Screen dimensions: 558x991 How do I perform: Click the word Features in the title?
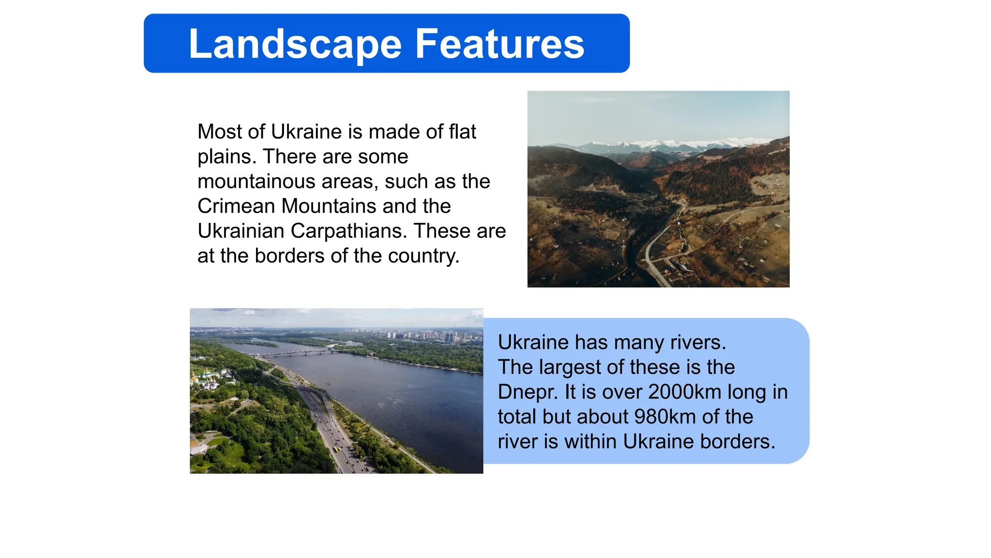coord(499,44)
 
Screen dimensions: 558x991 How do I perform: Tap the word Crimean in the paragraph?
coord(236,206)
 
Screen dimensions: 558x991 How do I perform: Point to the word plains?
coord(226,157)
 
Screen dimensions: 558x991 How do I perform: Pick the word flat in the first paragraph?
coord(462,132)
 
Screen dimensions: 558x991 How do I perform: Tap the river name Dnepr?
coord(527,392)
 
